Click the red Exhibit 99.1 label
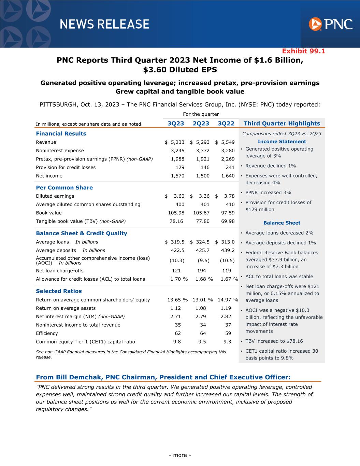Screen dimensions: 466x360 [x=303, y=51]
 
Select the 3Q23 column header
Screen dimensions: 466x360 [x=176, y=124]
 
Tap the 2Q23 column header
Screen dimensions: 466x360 [x=201, y=124]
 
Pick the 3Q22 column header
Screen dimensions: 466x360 [x=226, y=124]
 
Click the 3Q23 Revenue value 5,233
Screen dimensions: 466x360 [x=177, y=142]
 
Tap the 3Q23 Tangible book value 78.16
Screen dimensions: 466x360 [x=176, y=221]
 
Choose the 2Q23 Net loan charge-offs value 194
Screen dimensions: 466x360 [x=202, y=271]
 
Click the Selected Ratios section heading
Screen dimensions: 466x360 [x=59, y=291]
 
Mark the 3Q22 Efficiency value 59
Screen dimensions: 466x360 [x=228, y=333]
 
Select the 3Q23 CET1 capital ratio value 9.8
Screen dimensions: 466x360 [x=177, y=342]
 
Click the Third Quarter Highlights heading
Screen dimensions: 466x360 [x=282, y=124]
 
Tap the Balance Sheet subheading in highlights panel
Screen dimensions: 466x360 [x=282, y=223]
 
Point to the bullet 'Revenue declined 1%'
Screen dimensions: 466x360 [x=271, y=166]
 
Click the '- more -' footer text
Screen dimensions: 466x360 [x=180, y=455]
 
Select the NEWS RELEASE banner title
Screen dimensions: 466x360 [x=104, y=24]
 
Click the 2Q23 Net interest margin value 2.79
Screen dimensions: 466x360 [x=201, y=316]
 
